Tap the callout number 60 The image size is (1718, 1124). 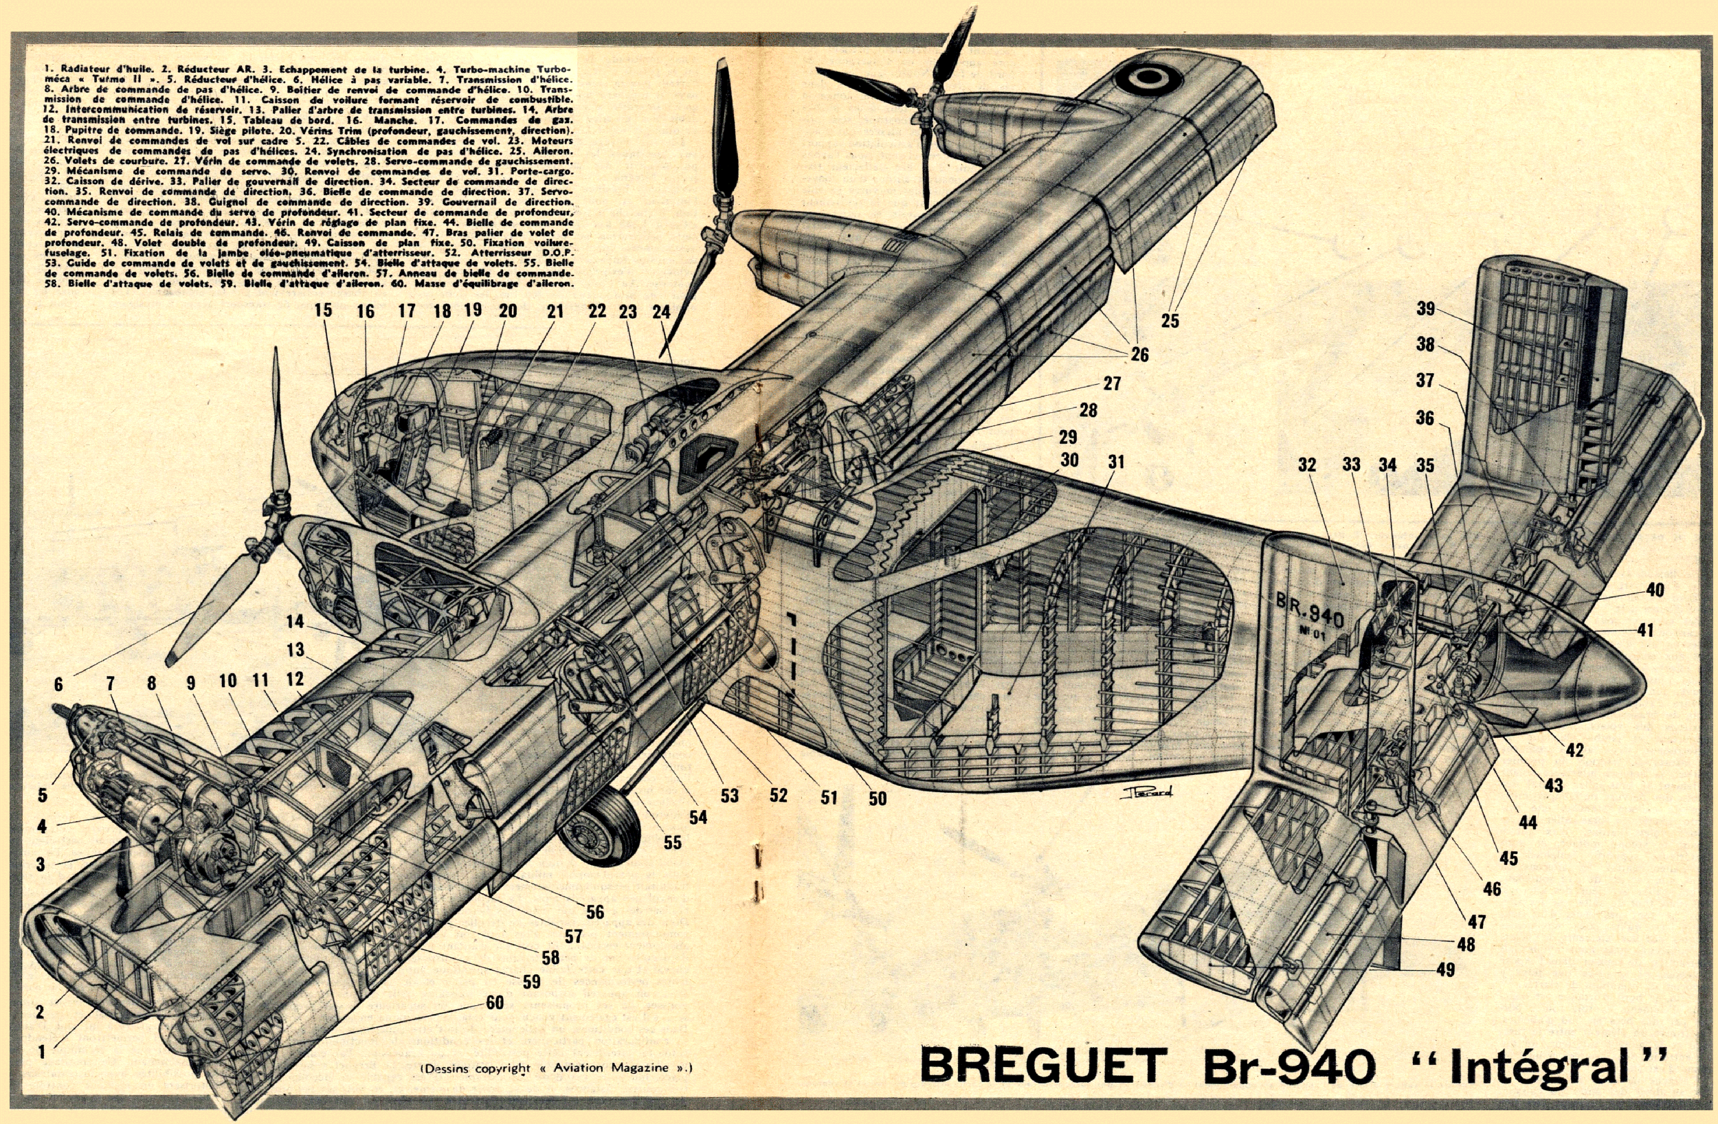coord(495,1002)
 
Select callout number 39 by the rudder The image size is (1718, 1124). coord(1425,309)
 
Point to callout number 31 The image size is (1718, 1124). coord(1116,461)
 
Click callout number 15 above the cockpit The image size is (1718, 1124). coord(324,311)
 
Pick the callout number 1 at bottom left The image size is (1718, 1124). coord(42,1052)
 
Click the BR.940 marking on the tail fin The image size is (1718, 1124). coord(1310,610)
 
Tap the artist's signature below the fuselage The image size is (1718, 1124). coord(1148,792)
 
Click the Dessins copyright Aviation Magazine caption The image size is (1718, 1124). coord(556,1068)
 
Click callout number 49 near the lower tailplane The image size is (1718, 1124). coord(1445,969)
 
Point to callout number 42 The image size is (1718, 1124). coord(1574,750)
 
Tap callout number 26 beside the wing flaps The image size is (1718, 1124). coord(1139,355)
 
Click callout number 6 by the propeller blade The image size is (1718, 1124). coord(58,684)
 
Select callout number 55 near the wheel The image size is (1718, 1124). coord(672,842)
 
